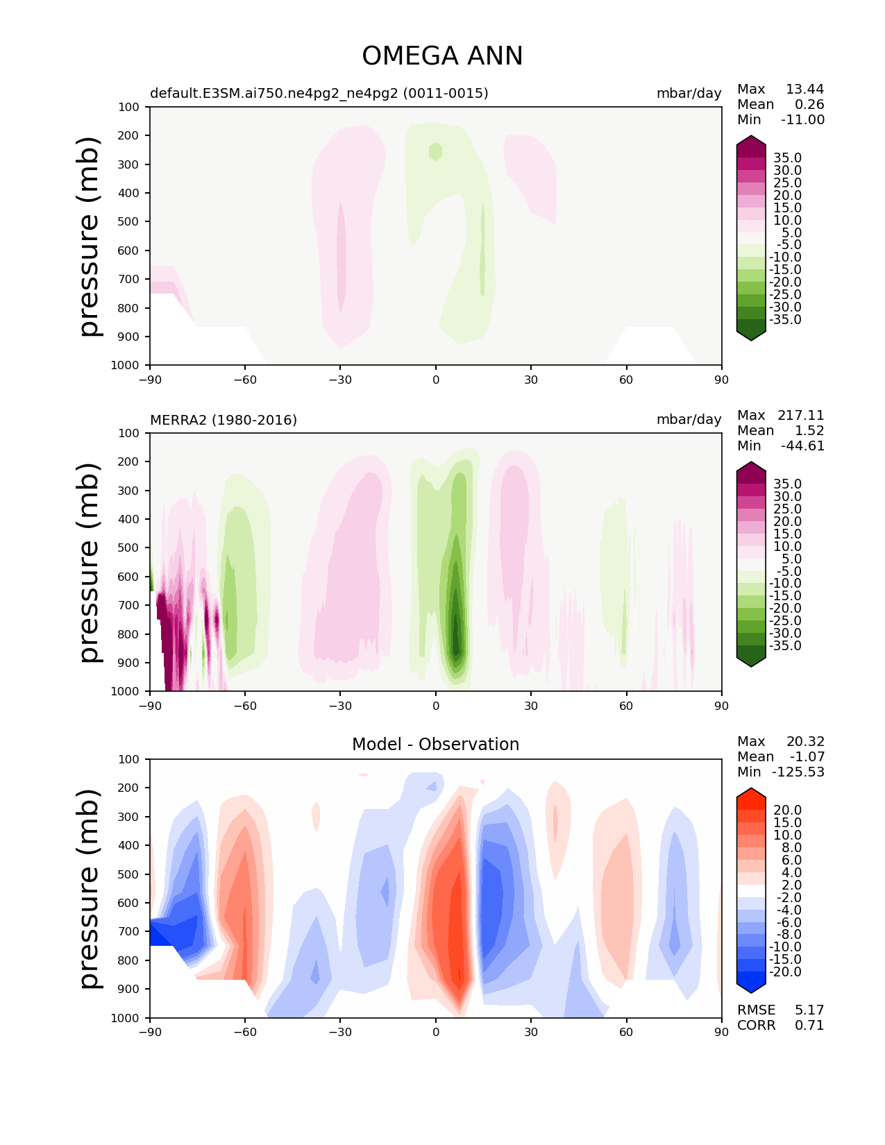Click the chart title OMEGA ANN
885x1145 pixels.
pyautogui.click(x=442, y=56)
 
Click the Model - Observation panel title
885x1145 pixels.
pyautogui.click(x=435, y=744)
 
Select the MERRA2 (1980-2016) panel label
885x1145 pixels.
pyautogui.click(x=224, y=420)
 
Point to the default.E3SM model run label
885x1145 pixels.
pyautogui.click(x=319, y=93)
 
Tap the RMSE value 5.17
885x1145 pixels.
pyautogui.click(x=809, y=1010)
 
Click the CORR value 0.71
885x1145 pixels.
pyautogui.click(x=809, y=1025)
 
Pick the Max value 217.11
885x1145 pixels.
pyautogui.click(x=800, y=415)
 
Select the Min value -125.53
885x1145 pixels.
pyautogui.click(x=798, y=772)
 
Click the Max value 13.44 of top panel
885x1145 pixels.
pyautogui.click(x=804, y=89)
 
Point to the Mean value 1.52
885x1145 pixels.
pyautogui.click(x=809, y=430)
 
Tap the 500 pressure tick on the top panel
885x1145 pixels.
pyautogui.click(x=128, y=221)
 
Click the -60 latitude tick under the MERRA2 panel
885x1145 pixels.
pyautogui.click(x=245, y=706)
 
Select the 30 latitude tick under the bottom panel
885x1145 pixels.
pyautogui.click(x=531, y=1032)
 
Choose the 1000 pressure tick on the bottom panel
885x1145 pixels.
pyautogui.click(x=125, y=1017)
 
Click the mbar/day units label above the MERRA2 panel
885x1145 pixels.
pyautogui.click(x=689, y=419)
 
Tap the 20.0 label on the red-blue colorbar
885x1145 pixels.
pyautogui.click(x=788, y=810)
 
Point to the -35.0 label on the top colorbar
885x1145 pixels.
pyautogui.click(x=785, y=319)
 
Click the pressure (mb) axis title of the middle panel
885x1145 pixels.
pyautogui.click(x=89, y=563)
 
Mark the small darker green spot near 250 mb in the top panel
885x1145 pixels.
pyautogui.click(x=435, y=152)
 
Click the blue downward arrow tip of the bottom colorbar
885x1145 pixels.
pyautogui.click(x=751, y=992)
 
